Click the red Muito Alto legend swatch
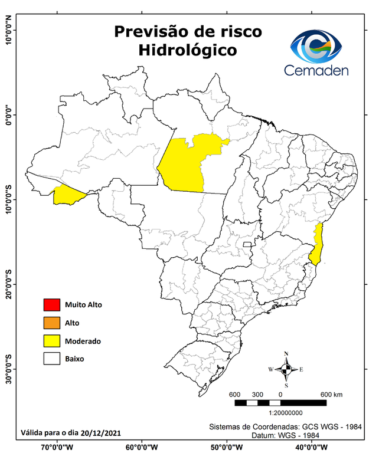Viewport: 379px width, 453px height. pyautogui.click(x=51, y=305)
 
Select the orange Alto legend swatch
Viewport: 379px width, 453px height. pyautogui.click(x=51, y=323)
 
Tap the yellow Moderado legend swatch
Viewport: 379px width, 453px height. pyautogui.click(x=51, y=340)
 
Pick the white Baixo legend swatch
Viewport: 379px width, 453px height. pyautogui.click(x=51, y=358)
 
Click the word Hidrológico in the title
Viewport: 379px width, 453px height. pyautogui.click(x=188, y=51)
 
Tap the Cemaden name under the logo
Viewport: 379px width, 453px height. pyautogui.click(x=316, y=70)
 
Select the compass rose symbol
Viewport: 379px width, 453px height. pyautogui.click(x=286, y=370)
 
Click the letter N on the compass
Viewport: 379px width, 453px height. pyautogui.click(x=286, y=354)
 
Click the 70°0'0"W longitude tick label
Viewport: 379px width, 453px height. pyautogui.click(x=58, y=446)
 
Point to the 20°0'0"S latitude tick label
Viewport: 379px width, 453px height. pyautogui.click(x=8, y=284)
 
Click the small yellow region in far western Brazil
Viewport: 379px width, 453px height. pyautogui.click(x=68, y=195)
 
